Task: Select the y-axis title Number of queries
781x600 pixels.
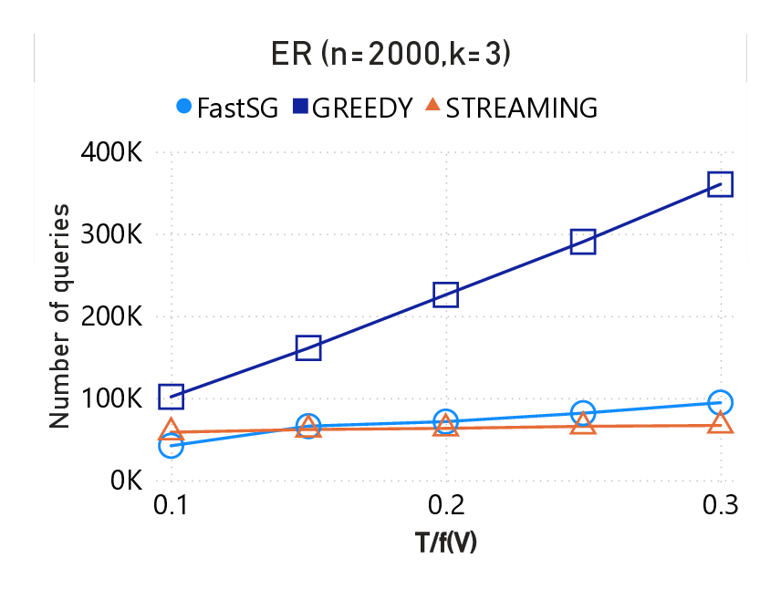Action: tap(59, 316)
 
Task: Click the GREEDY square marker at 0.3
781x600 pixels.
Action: tap(720, 184)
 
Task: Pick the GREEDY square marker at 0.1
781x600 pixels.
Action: tap(171, 396)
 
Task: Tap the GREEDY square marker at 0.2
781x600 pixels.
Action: tap(445, 295)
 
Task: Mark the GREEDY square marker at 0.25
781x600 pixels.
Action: tap(583, 242)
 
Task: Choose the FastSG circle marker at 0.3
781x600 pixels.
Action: tap(720, 402)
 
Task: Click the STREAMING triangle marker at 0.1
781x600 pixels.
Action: tap(171, 431)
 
